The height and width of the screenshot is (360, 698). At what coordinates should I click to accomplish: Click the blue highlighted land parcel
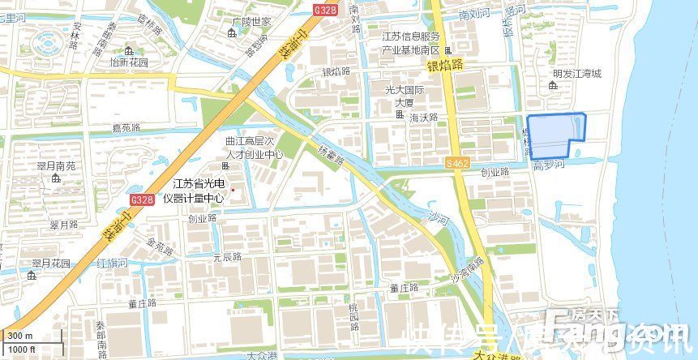(555, 134)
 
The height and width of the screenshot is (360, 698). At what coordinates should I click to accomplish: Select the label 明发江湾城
(577, 74)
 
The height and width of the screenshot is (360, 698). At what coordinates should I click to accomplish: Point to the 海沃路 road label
(423, 118)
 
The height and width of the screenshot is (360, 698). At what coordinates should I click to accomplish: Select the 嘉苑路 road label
(127, 127)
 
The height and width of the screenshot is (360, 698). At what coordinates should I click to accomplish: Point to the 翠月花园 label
(51, 264)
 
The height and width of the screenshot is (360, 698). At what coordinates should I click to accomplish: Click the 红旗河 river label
(111, 264)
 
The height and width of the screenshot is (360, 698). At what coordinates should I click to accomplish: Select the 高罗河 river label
(548, 165)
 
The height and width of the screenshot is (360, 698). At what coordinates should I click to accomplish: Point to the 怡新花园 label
(129, 62)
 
